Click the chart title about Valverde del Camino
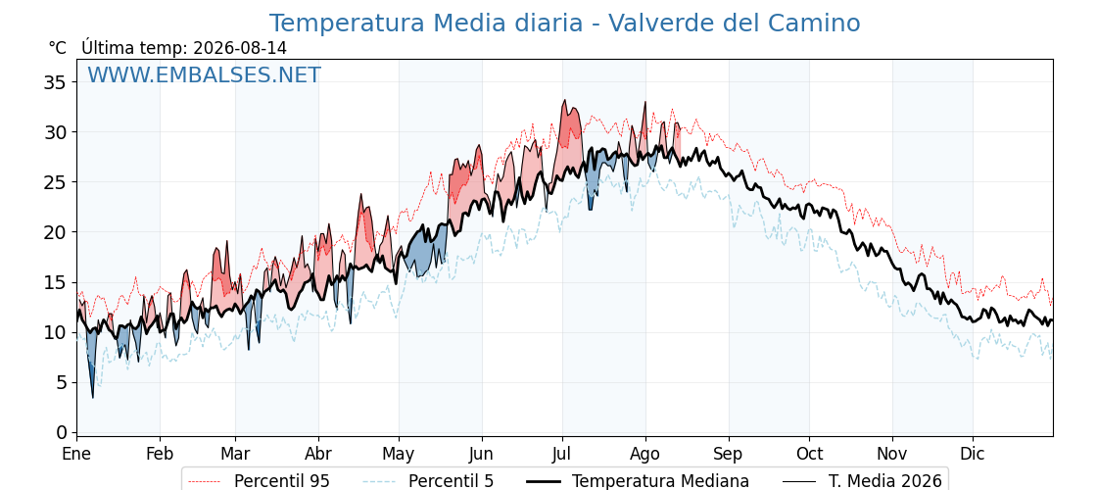coord(564,24)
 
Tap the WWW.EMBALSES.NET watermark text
coord(205,74)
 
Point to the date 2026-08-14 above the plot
coord(239,48)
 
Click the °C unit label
coord(58,48)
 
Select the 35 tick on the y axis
coord(55,82)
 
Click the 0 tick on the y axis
coord(61,432)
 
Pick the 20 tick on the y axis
coord(55,232)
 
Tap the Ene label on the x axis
coord(77,454)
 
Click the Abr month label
coord(318,454)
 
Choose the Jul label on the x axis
coord(562,454)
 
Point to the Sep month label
coord(729,454)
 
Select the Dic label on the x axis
coord(973,454)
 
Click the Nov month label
coord(892,454)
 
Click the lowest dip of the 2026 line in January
coord(92,398)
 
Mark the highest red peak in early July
coord(564,100)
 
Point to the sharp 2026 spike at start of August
coord(645,102)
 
